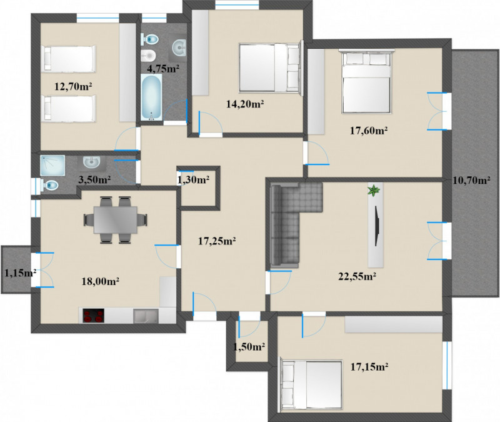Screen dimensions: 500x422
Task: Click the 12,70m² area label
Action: coord(73,86)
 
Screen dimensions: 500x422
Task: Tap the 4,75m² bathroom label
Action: coord(163,68)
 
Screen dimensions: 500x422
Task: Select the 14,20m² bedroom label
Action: coord(245,104)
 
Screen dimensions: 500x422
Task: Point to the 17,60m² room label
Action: coord(369,131)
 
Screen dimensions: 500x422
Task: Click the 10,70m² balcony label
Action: coord(472,181)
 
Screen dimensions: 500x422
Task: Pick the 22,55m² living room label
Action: coord(357,276)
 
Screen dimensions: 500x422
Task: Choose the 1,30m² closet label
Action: coord(193,180)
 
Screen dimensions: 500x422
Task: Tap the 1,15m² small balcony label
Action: coord(20,273)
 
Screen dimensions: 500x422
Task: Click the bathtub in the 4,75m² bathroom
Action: coord(152,98)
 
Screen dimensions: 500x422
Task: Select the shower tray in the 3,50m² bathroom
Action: coord(52,165)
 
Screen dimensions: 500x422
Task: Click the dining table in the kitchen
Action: coord(116,220)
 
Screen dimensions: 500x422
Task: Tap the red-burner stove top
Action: coord(93,316)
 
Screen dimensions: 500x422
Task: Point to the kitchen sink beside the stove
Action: coord(146,316)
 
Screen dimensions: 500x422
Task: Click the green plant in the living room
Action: coord(373,191)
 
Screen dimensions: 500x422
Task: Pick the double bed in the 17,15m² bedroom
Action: coord(311,385)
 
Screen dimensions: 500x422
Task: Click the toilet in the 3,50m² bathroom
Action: coord(49,185)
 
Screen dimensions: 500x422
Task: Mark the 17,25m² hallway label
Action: coord(217,241)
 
